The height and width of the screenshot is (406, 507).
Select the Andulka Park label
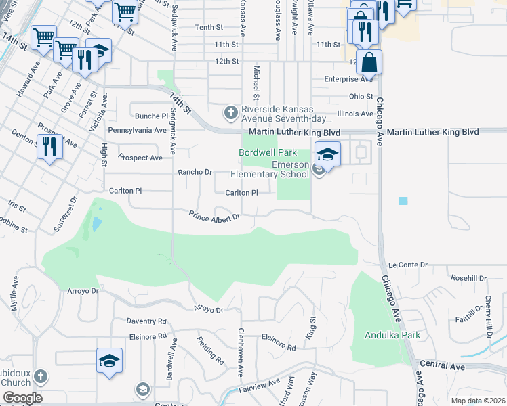pyautogui.click(x=392, y=335)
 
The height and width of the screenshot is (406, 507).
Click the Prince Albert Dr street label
pyautogui.click(x=215, y=217)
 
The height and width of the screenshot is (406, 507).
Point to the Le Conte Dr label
pyautogui.click(x=408, y=265)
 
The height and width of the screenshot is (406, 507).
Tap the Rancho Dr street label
pyautogui.click(x=195, y=172)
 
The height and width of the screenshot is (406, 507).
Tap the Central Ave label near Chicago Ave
pyautogui.click(x=442, y=366)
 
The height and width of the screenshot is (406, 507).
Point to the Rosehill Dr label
pyautogui.click(x=468, y=278)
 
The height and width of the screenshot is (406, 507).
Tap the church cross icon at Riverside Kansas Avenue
pyautogui.click(x=231, y=111)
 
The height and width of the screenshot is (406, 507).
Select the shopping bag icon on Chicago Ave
pyautogui.click(x=369, y=62)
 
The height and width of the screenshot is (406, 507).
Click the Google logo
pyautogui.click(x=22, y=398)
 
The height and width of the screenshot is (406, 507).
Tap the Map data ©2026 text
pyautogui.click(x=478, y=401)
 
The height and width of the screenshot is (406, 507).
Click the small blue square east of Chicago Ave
pyautogui.click(x=403, y=201)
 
